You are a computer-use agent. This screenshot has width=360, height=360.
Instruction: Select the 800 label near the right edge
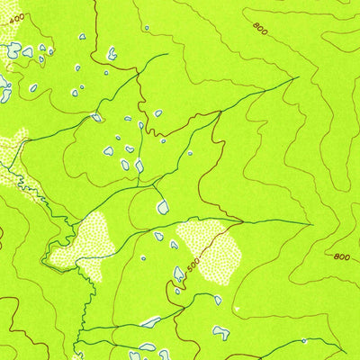pos(341,256)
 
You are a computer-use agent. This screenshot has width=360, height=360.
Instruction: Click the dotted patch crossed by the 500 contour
pos(211,247)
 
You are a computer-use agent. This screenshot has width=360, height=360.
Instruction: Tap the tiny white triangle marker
pos(237,308)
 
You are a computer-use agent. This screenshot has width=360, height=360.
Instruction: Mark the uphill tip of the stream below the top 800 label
pos(296,79)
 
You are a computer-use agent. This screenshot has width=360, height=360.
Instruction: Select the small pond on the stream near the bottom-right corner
pos(304,341)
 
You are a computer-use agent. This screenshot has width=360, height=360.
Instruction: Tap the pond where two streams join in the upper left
pos(96,116)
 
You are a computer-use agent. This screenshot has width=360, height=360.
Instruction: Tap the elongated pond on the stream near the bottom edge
pos(150,321)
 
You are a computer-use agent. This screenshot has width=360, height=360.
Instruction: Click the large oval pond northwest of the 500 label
pos(163,208)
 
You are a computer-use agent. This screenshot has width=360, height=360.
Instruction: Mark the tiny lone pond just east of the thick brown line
pos(158,113)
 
